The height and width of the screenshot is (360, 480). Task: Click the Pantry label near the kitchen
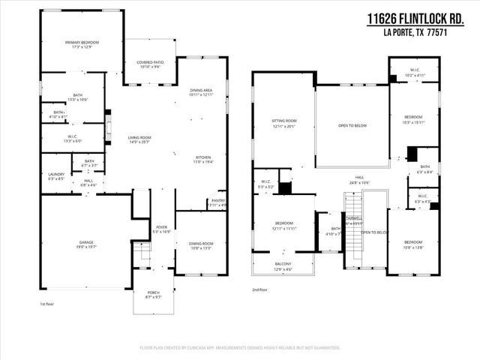[x=217, y=202]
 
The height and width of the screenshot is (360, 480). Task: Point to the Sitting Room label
[x=284, y=122]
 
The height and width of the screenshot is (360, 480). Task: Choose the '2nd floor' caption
[x=259, y=289]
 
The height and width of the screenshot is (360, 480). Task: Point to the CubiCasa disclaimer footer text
[x=240, y=348]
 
